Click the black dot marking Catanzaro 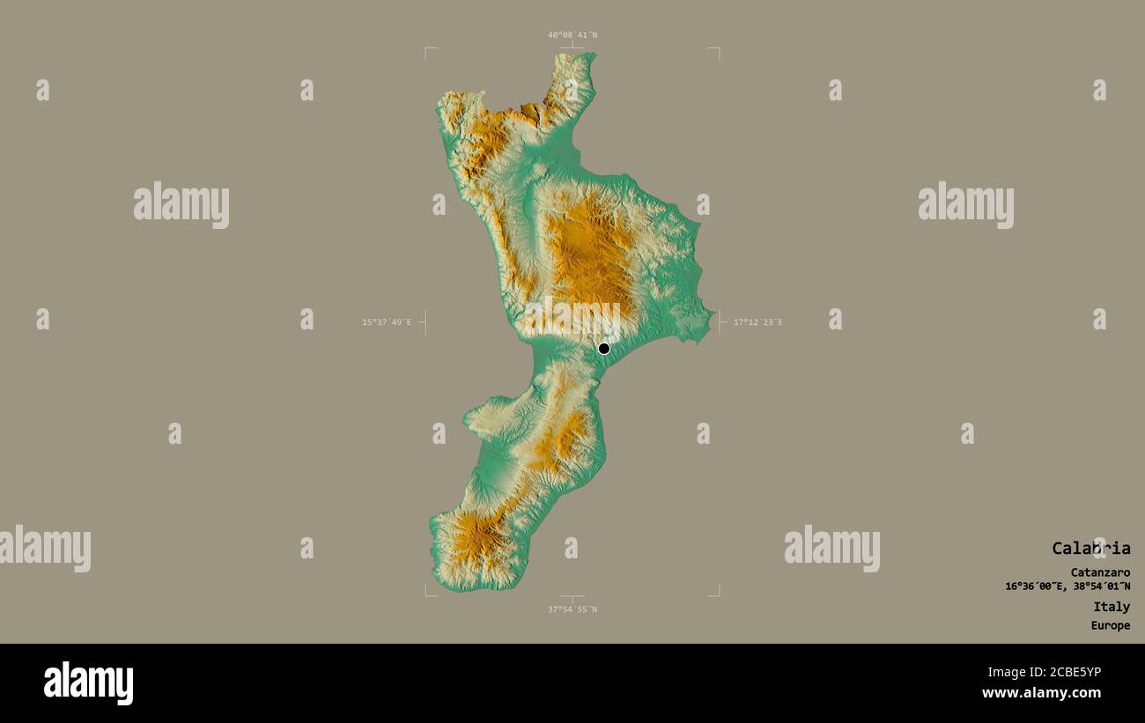click(603, 349)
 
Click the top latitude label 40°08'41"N click(572, 35)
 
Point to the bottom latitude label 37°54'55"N click(572, 609)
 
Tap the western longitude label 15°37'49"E click(387, 322)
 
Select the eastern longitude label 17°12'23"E click(757, 322)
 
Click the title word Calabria click(1090, 548)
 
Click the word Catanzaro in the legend click(1100, 572)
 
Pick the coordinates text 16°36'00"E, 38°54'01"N click(1067, 587)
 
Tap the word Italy click(1112, 607)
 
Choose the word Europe click(1110, 626)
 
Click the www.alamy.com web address click(1041, 693)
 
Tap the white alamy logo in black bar click(88, 683)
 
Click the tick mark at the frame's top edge click(572, 45)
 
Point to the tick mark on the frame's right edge click(721, 322)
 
